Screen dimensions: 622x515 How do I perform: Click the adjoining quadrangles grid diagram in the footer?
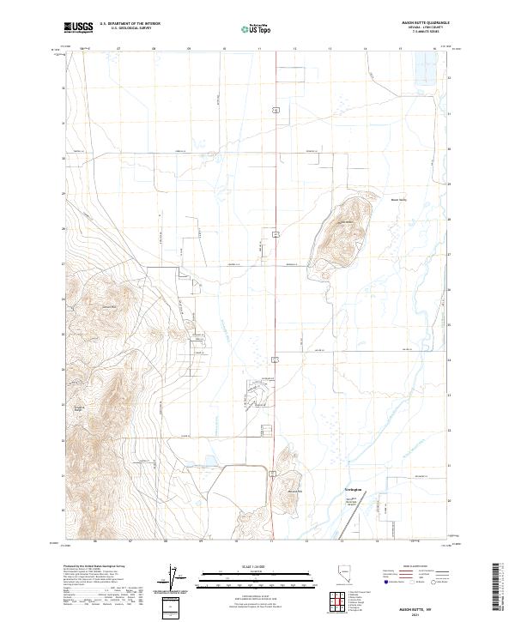click(339, 601)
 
